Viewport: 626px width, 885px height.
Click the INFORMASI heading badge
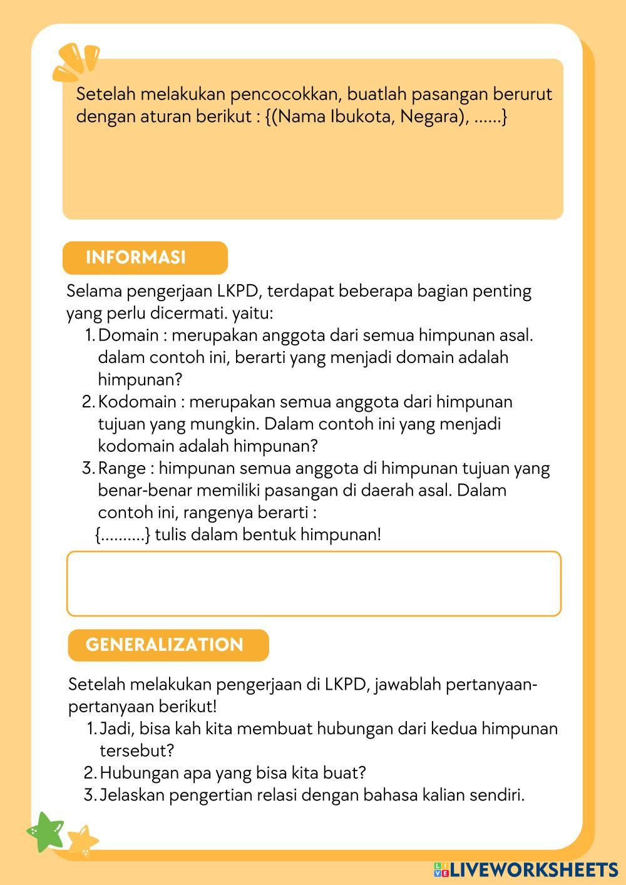145,258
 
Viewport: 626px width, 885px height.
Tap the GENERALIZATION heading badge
168,645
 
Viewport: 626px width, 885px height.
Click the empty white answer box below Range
314,583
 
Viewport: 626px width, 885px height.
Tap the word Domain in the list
128,335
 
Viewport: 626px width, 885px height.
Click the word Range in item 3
121,468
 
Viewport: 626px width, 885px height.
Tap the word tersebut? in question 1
136,750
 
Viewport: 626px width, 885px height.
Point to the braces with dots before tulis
123,535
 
